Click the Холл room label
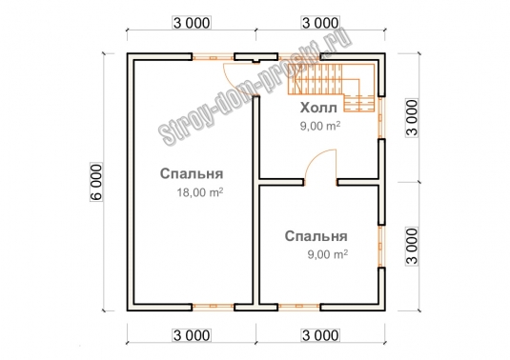[x=318, y=108]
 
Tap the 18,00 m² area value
[x=200, y=192]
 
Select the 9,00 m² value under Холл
[x=320, y=126]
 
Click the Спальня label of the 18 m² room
[x=192, y=173]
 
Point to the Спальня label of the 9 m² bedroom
[x=316, y=236]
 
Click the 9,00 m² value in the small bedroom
[x=328, y=253]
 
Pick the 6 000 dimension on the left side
[x=96, y=182]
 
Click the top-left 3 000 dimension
[x=192, y=23]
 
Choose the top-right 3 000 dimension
[x=320, y=23]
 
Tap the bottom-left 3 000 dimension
[x=192, y=335]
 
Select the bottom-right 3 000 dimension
[x=320, y=335]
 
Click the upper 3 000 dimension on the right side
[x=412, y=118]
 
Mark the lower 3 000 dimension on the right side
[x=412, y=247]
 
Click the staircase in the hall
[x=332, y=87]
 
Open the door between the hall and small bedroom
[x=320, y=167]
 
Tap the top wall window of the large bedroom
[x=213, y=57]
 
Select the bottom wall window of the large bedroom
[x=213, y=306]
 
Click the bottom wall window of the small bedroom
[x=299, y=306]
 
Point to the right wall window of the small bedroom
[x=381, y=246]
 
